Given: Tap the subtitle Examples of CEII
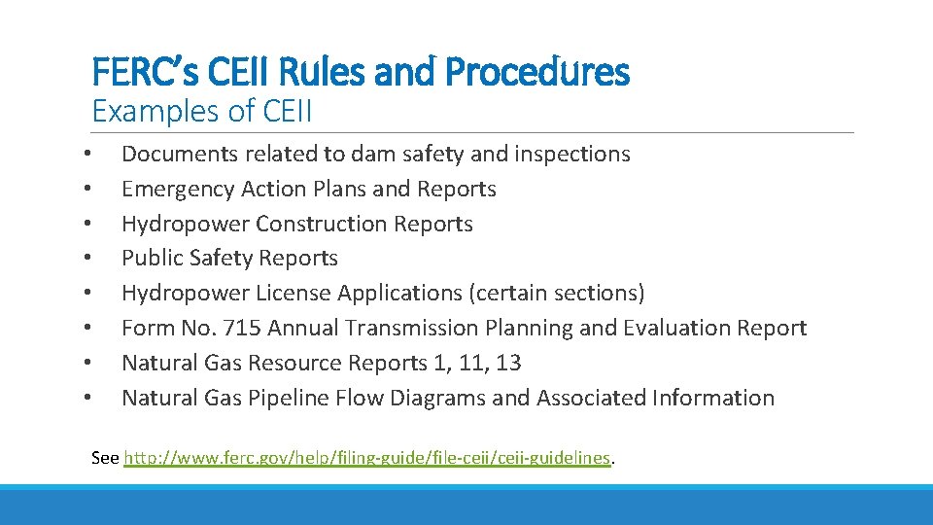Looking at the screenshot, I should click(202, 112).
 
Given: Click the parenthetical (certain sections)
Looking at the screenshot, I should click(564, 293).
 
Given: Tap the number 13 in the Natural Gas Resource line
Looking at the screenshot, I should click(508, 363).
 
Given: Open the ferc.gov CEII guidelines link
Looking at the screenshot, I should click(367, 457).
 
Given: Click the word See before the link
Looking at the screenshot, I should click(105, 457).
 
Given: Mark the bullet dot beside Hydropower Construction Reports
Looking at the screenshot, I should click(87, 225).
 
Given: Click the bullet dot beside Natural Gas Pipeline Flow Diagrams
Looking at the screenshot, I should click(87, 399).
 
